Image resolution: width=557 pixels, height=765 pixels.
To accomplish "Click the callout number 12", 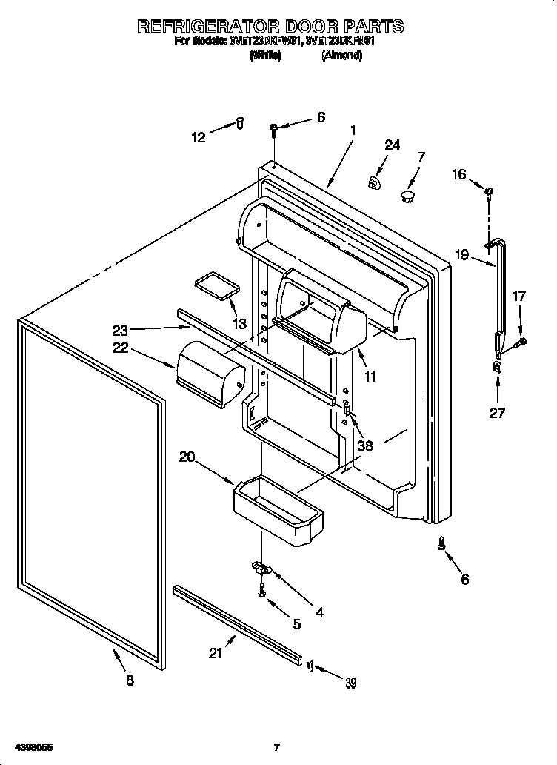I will coord(198,136).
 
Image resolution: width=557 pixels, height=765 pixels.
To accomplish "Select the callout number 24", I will coord(392,145).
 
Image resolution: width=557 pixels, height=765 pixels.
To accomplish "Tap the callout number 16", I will coord(459,174).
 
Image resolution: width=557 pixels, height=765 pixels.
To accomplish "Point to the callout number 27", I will coord(497,413).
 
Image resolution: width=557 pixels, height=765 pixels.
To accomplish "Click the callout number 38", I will coord(365,446).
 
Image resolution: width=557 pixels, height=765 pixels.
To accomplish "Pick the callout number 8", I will coord(130,681).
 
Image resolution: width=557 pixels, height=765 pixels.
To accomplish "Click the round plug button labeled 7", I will coord(407,195).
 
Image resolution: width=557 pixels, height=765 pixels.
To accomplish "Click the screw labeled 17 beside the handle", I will coord(522,342).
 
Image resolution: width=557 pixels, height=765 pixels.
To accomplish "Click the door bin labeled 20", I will coord(278,506).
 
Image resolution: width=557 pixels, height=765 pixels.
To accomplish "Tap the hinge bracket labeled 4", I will coord(261,569).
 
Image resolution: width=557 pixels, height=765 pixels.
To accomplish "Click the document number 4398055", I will coord(33,747).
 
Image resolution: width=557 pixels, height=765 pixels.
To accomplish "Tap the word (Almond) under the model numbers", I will coord(341,56).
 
